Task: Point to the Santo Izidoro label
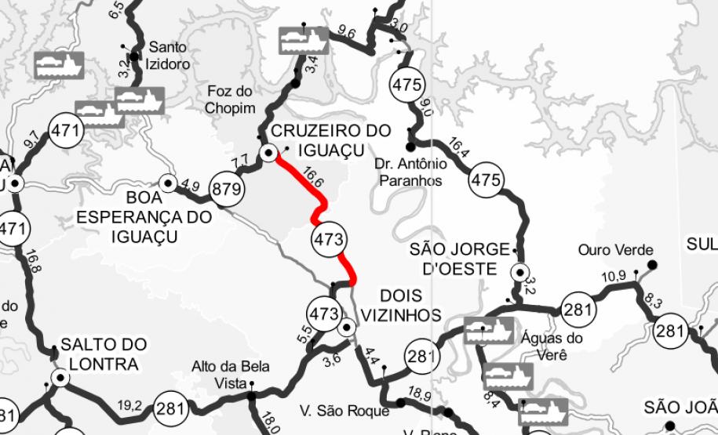(x=169, y=55)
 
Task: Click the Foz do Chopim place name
(x=230, y=99)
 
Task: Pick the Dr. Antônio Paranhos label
(x=413, y=172)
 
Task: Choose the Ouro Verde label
(x=615, y=250)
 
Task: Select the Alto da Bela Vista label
(x=231, y=374)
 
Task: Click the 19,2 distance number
(x=130, y=406)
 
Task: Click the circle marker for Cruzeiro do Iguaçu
(x=268, y=153)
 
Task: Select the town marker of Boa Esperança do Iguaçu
(x=167, y=183)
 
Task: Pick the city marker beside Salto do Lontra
(x=58, y=379)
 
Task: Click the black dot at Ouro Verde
(x=653, y=264)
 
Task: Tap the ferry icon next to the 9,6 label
(x=303, y=38)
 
